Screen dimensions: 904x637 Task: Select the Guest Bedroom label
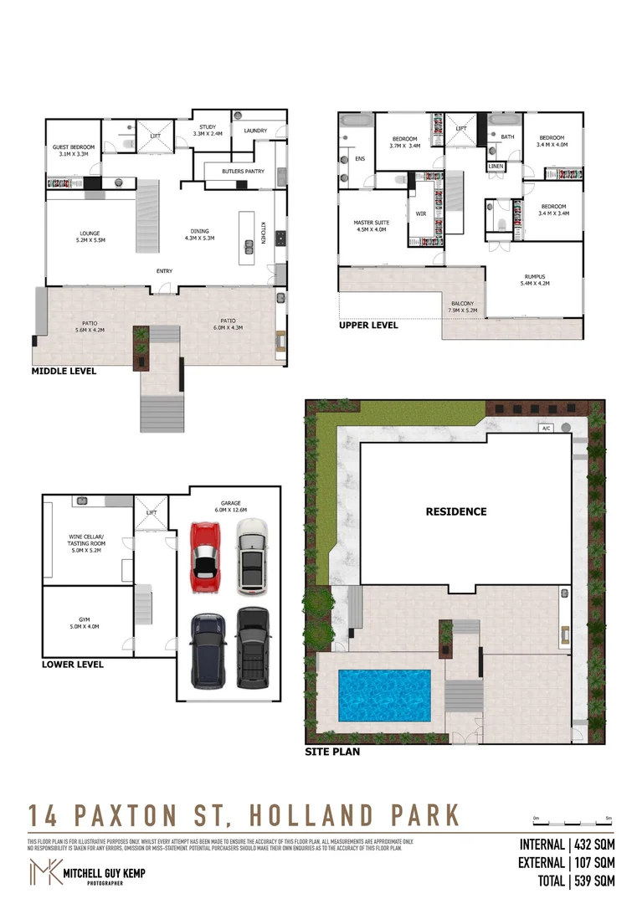74,151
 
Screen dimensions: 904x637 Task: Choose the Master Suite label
371,225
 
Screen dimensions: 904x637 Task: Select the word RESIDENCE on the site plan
455,511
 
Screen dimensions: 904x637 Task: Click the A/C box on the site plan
546,428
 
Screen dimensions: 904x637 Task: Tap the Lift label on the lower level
152,512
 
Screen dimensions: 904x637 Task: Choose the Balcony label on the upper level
462,306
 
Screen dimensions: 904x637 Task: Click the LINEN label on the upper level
496,167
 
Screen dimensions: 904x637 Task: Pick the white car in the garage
250,555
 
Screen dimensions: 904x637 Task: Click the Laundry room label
255,131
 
